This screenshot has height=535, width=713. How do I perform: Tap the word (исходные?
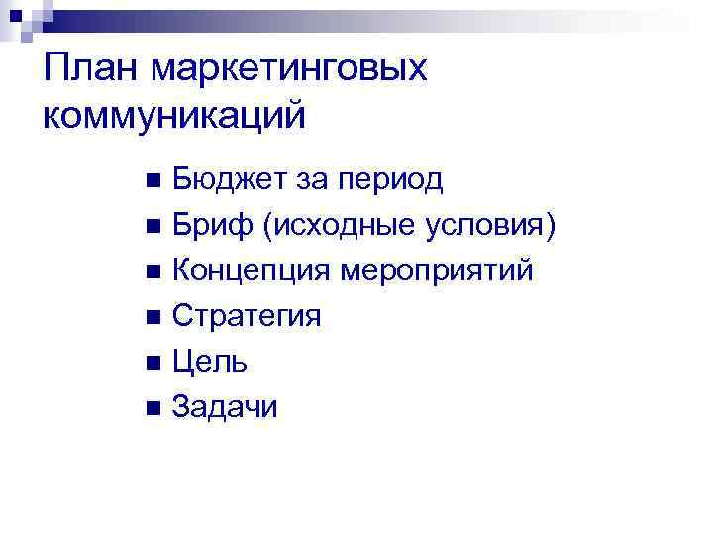tap(341, 226)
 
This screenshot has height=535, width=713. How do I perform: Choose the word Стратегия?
tap(247, 317)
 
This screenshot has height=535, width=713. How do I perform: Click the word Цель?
tap(210, 362)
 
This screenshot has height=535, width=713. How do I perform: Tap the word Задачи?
tap(225, 406)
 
